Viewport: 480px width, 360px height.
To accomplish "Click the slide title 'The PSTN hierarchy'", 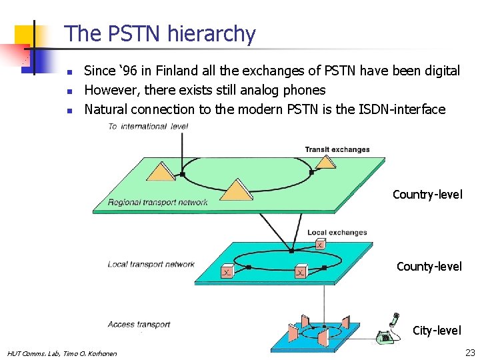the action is (160, 33).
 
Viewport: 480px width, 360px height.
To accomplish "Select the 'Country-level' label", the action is (427, 195).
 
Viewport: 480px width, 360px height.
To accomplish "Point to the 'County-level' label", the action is (429, 267).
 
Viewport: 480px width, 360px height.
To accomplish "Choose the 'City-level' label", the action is (437, 330).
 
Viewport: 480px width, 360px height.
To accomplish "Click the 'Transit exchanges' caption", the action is (337, 149).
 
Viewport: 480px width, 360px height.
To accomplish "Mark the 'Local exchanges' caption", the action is (337, 233).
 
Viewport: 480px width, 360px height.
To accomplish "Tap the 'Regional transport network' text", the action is (157, 203).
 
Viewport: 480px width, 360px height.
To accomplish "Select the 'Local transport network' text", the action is (151, 264).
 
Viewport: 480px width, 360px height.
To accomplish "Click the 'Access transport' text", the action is (139, 325).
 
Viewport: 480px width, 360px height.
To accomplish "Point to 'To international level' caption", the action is (148, 126).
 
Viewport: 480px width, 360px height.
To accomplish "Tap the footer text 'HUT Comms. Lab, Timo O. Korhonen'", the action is (61, 353).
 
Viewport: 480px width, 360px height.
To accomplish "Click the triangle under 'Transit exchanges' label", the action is (325, 162).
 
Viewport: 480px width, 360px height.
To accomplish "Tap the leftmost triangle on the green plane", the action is (160, 172).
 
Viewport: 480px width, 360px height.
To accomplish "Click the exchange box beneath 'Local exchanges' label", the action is (320, 245).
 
